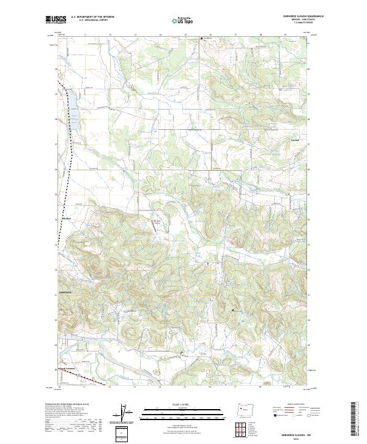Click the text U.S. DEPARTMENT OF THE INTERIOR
(92, 17)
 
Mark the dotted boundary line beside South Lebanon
(92, 380)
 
